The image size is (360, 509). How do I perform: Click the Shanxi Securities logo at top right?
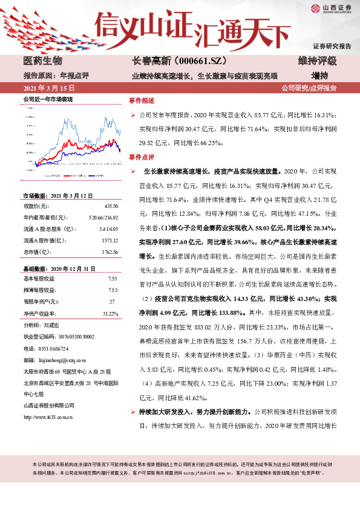point(331,7)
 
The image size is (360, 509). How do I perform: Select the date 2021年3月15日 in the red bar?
point(47,88)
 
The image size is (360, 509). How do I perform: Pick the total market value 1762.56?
point(109,251)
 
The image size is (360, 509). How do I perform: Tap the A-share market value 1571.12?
point(109,240)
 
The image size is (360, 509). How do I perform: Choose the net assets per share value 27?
point(112,302)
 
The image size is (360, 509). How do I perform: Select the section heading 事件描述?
point(142,100)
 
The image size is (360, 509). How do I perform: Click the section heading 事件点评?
point(142,157)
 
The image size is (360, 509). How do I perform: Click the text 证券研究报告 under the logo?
point(332,46)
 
